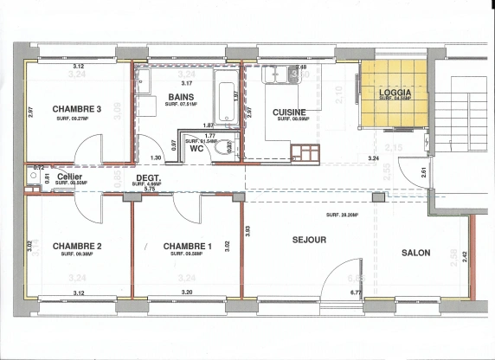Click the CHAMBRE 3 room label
coord(77,109)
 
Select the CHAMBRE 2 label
coord(77,247)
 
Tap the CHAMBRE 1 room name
coord(187,247)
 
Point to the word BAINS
coord(181,97)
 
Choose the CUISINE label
coord(289,112)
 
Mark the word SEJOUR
coord(309,240)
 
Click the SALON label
coord(419,253)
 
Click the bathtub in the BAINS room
coord(228,102)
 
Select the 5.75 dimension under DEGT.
coord(150,189)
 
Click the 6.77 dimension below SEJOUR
coord(356,292)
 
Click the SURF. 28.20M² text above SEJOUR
coord(342,215)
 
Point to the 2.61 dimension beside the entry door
coord(424,171)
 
